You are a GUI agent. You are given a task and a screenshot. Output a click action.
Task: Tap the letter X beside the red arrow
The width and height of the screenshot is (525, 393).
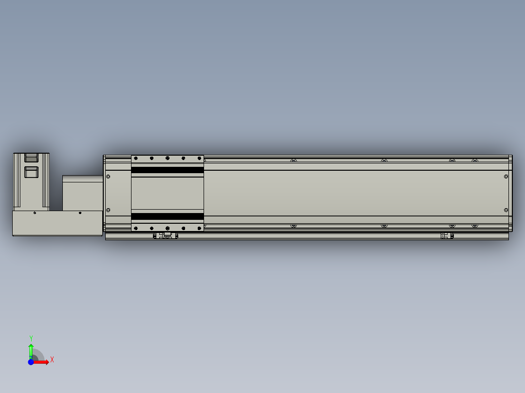[x=52, y=360]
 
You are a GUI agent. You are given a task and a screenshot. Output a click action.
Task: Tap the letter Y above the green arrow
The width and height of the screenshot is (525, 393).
[x=31, y=338]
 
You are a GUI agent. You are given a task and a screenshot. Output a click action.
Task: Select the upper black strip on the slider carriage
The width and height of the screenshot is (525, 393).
[x=167, y=170]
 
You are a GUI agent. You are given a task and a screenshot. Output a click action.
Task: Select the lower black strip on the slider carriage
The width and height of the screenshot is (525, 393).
[x=167, y=216]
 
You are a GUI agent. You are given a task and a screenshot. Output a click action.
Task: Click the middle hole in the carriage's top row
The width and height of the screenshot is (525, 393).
[x=167, y=159]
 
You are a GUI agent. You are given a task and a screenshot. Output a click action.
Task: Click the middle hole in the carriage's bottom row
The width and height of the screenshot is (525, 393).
[x=167, y=228]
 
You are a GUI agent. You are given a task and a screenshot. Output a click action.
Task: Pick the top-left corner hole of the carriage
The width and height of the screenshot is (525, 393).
[x=136, y=159]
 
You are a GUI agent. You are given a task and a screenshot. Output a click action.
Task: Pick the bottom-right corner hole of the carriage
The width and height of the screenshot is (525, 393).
[x=199, y=228]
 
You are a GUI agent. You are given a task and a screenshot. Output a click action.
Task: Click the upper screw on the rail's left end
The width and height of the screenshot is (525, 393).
[x=108, y=176]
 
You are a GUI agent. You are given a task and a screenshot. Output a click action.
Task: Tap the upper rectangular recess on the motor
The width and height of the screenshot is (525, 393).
[x=31, y=157]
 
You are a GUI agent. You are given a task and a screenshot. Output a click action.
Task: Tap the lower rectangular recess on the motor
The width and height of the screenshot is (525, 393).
[x=31, y=173]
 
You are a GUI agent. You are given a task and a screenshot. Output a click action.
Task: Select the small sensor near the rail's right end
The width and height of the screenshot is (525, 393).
[x=447, y=236]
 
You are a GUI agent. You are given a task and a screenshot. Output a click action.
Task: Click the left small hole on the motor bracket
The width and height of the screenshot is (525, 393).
[x=35, y=213]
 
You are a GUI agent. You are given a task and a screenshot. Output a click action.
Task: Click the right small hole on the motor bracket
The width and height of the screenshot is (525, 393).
[x=80, y=213]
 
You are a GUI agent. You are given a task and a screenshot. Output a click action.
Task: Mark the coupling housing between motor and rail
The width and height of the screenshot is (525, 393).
[x=83, y=193]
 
